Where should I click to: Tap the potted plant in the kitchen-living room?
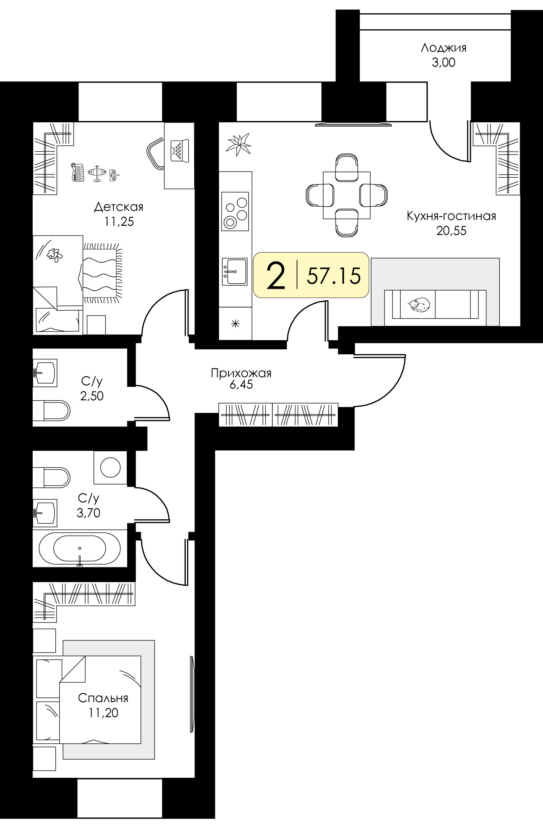(238, 144)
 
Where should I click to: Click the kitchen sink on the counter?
(235, 271)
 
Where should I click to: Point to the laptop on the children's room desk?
(180, 150)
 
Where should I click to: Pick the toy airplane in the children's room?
(96, 174)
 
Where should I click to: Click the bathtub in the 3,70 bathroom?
(80, 548)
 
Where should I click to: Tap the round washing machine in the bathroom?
(110, 467)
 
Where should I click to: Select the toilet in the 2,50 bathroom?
(51, 410)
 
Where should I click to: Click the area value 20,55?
(451, 231)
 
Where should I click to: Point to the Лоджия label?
(443, 48)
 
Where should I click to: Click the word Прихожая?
(241, 373)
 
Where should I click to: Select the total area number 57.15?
(334, 276)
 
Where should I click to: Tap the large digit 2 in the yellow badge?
(276, 276)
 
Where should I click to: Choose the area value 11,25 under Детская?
(119, 221)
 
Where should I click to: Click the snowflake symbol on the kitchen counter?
(235, 324)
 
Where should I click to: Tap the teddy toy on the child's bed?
(55, 255)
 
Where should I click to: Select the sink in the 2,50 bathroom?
(45, 371)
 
